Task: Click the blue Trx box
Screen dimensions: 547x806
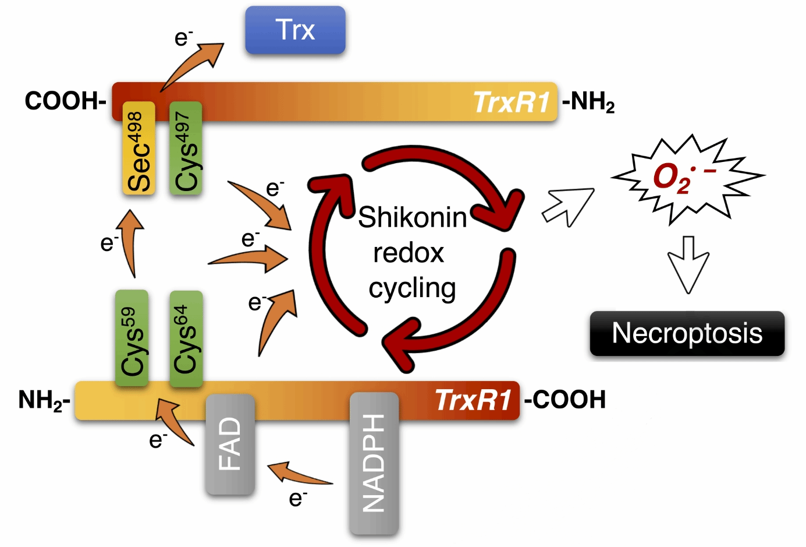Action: tap(295, 30)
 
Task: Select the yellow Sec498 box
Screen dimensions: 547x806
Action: tap(139, 149)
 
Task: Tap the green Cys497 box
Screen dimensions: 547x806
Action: tap(186, 149)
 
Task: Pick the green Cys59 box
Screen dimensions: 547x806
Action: tap(132, 338)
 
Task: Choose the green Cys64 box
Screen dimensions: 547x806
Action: tap(186, 338)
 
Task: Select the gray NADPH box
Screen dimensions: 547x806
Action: tap(374, 463)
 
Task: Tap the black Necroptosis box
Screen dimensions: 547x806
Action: tap(687, 333)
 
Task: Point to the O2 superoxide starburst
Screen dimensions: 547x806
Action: tap(681, 177)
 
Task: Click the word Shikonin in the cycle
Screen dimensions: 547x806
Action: tap(412, 218)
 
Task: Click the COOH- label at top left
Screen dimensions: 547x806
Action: tap(65, 101)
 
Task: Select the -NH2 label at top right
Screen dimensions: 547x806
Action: tap(588, 103)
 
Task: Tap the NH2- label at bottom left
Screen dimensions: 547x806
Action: tap(44, 401)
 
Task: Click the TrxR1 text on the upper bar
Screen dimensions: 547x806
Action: tap(512, 103)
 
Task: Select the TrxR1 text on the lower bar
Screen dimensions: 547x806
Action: tap(473, 401)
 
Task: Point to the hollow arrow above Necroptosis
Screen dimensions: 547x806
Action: tap(688, 266)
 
